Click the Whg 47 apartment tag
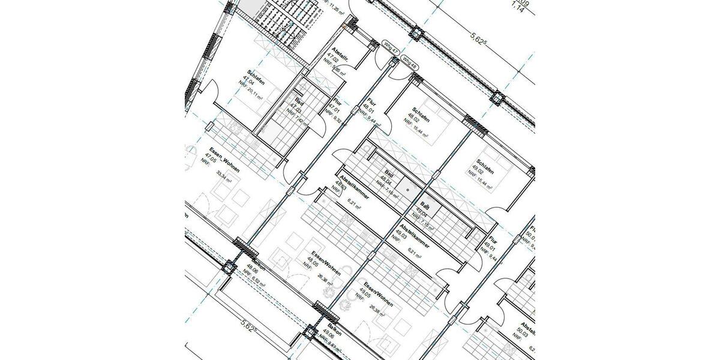pos(390,45)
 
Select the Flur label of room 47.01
pos(337,102)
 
